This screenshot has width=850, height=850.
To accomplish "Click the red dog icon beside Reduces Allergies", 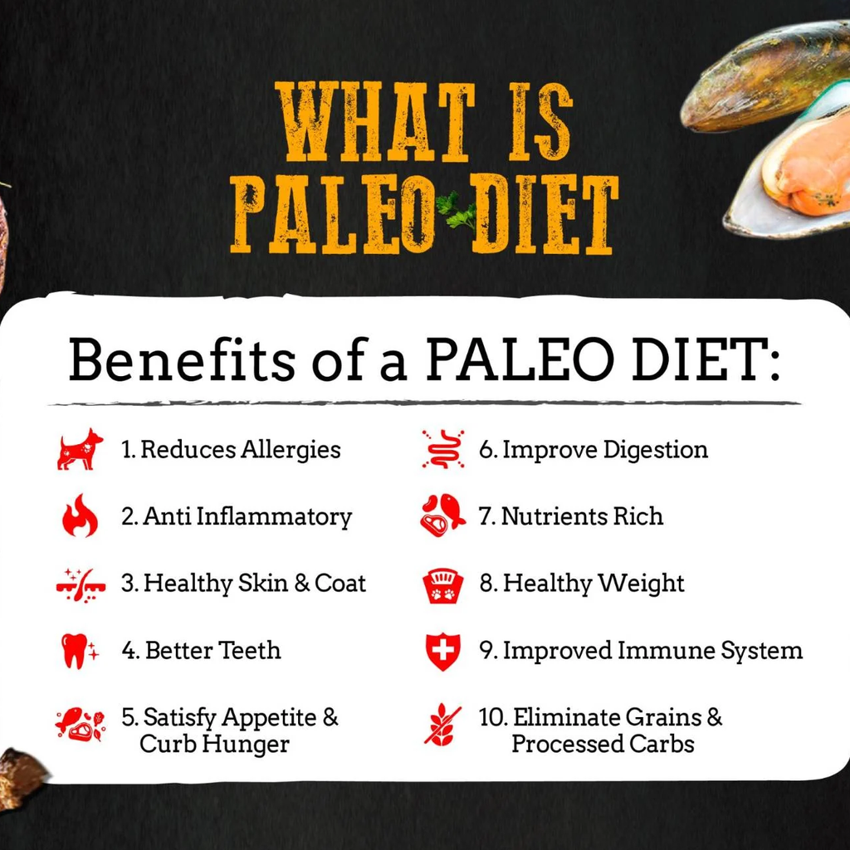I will click(x=80, y=450).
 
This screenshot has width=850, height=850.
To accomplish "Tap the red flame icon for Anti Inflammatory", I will click(x=80, y=515).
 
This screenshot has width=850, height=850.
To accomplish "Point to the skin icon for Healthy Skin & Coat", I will click(x=81, y=584).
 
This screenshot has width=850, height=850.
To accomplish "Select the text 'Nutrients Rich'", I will click(x=582, y=516).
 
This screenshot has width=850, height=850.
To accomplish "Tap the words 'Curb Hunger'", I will click(x=214, y=744).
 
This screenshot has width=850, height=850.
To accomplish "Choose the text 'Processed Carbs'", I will click(x=603, y=744).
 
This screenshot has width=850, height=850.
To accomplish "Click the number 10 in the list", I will click(x=492, y=717).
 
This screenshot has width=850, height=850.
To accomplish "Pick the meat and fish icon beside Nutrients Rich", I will click(x=442, y=515).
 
